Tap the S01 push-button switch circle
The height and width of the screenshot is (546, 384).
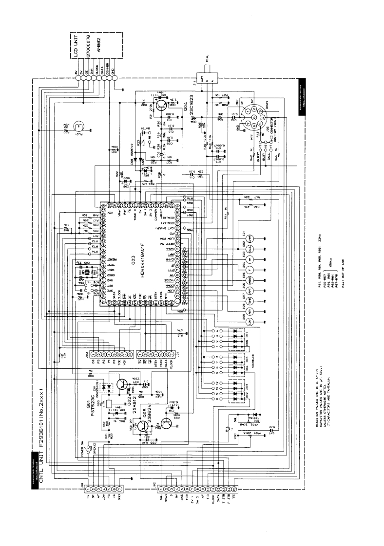[x=250, y=238]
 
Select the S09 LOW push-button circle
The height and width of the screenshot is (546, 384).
[x=250, y=322]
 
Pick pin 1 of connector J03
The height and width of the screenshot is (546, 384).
[x=93, y=354]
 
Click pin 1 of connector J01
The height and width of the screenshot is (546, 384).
[x=89, y=488]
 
